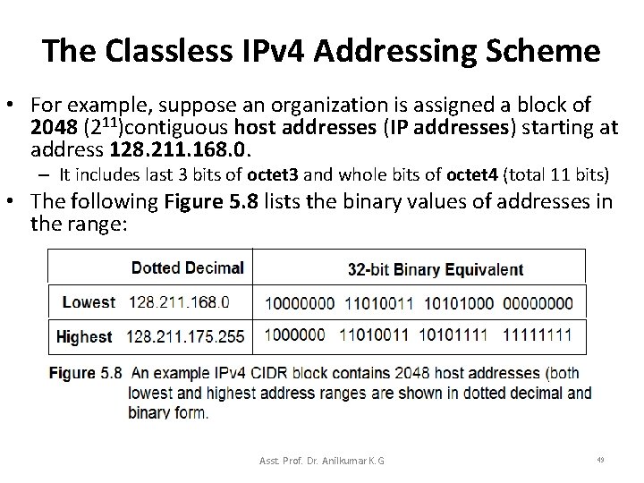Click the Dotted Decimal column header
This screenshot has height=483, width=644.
click(x=187, y=267)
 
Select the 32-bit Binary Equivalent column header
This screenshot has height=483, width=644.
click(x=435, y=268)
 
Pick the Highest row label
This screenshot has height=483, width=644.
click(x=84, y=337)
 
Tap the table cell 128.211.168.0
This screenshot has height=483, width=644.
click(x=179, y=302)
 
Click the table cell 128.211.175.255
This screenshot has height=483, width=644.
click(x=186, y=337)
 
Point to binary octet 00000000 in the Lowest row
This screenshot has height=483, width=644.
click(x=547, y=302)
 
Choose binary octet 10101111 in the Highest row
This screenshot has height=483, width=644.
click(x=458, y=337)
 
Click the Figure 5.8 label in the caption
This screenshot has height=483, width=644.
click(x=85, y=373)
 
